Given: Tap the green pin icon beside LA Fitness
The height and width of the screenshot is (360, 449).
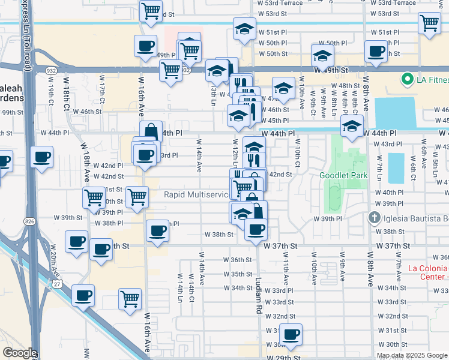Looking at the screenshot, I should tap(406, 79).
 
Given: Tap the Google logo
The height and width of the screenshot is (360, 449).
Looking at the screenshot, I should tap(20, 353).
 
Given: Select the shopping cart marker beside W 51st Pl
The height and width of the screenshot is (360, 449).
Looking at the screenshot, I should tap(430, 23).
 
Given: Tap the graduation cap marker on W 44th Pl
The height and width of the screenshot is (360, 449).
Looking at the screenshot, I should tap(351, 126).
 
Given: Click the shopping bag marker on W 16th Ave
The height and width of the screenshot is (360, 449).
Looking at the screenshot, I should tap(151, 131).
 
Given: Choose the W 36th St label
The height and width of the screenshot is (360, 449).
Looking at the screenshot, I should tap(237, 260).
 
